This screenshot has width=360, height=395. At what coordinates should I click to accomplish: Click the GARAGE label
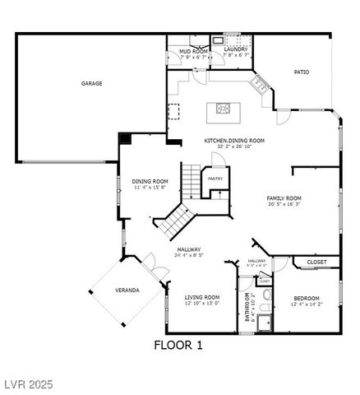pyautogui.click(x=91, y=83)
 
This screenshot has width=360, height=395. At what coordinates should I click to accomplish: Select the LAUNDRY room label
pyautogui.click(x=236, y=49)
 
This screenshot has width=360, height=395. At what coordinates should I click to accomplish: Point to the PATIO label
pyautogui.click(x=302, y=72)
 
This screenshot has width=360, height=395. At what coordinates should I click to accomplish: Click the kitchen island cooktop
pyautogui.click(x=223, y=107)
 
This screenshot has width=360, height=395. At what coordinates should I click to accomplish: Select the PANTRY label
pyautogui.click(x=215, y=179)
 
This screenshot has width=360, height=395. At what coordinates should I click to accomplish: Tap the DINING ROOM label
pyautogui.click(x=150, y=181)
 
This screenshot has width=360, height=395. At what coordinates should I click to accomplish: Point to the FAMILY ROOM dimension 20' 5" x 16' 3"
pyautogui.click(x=284, y=205)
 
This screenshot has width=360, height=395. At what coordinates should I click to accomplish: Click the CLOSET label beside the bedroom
pyautogui.click(x=316, y=262)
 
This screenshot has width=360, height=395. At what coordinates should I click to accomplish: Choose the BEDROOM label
pyautogui.click(x=306, y=298)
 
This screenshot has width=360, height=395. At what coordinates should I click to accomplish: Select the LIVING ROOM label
pyautogui.click(x=201, y=297)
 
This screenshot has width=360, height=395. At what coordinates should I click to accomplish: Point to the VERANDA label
pyautogui.click(x=127, y=290)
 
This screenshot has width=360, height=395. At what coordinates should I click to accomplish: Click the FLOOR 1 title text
pyautogui.click(x=178, y=344)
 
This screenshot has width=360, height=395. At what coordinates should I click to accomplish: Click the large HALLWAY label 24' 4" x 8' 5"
pyautogui.click(x=189, y=249)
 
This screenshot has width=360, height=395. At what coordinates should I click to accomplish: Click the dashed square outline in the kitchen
pyautogui.click(x=174, y=111)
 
